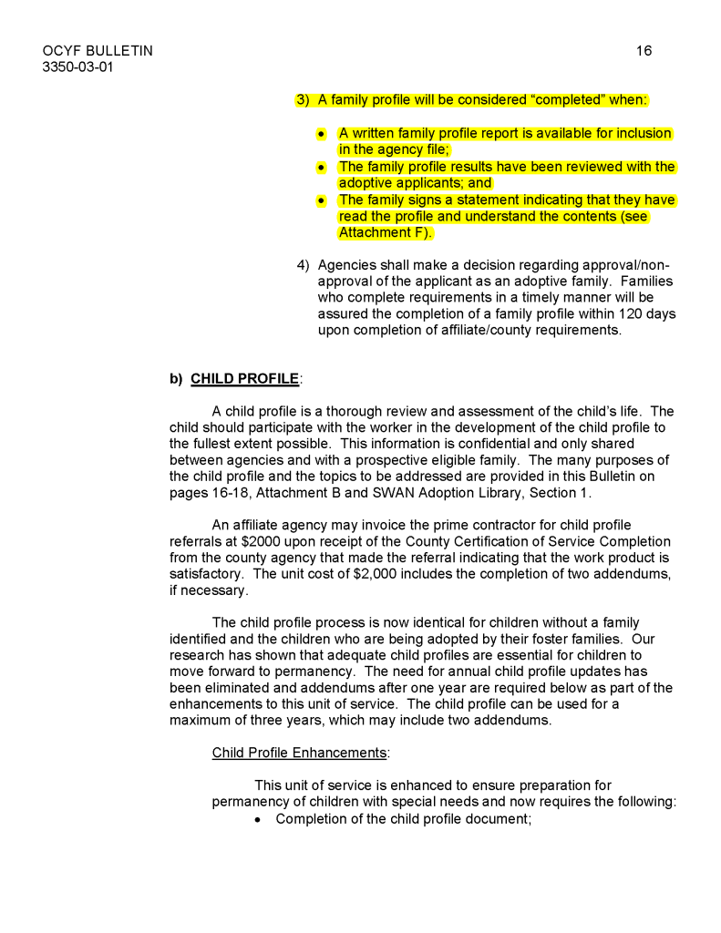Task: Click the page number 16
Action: pyautogui.click(x=644, y=51)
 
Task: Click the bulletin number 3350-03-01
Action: pyautogui.click(x=77, y=67)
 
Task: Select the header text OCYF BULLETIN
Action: pyautogui.click(x=98, y=51)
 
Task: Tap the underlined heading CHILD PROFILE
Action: pyautogui.click(x=244, y=378)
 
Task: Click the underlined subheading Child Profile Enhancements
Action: pyautogui.click(x=300, y=753)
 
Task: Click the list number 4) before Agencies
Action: pyautogui.click(x=304, y=265)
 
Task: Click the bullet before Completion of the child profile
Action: pyautogui.click(x=259, y=819)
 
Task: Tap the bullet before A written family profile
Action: pyautogui.click(x=321, y=134)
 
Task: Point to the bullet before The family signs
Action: pyautogui.click(x=321, y=200)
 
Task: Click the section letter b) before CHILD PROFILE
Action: pyautogui.click(x=176, y=378)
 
